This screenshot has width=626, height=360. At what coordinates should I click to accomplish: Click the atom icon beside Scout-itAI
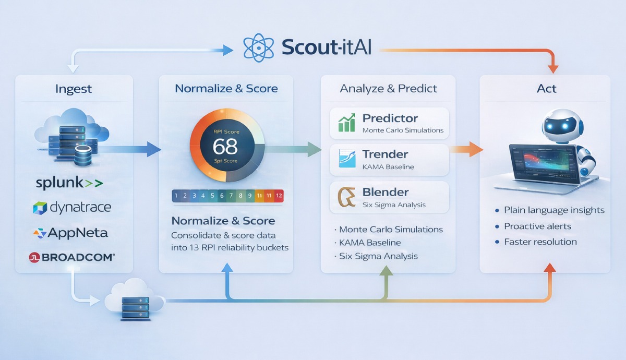pyautogui.click(x=259, y=47)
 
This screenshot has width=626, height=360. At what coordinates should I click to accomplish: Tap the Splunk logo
pyautogui.click(x=69, y=183)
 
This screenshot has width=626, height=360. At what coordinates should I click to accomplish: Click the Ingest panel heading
pyautogui.click(x=74, y=89)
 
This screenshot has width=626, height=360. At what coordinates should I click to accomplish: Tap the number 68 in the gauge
pyautogui.click(x=225, y=146)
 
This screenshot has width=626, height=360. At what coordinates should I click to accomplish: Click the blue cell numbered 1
pyautogui.click(x=176, y=196)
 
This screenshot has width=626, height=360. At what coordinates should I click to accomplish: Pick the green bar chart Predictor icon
pyautogui.click(x=346, y=123)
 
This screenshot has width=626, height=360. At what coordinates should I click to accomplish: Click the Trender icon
pyautogui.click(x=346, y=159)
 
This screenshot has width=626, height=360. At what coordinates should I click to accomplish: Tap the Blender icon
pyautogui.click(x=346, y=197)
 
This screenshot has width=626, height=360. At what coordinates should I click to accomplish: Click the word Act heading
pyautogui.click(x=546, y=89)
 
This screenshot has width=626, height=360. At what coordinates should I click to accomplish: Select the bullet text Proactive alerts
pyautogui.click(x=537, y=226)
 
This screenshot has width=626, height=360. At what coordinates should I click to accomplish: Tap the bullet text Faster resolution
pyautogui.click(x=540, y=242)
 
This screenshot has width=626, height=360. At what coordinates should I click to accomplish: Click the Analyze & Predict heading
pyautogui.click(x=388, y=89)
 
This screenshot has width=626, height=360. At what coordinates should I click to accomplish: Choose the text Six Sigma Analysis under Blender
pyautogui.click(x=394, y=205)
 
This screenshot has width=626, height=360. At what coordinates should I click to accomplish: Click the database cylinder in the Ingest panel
pyautogui.click(x=83, y=155)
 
